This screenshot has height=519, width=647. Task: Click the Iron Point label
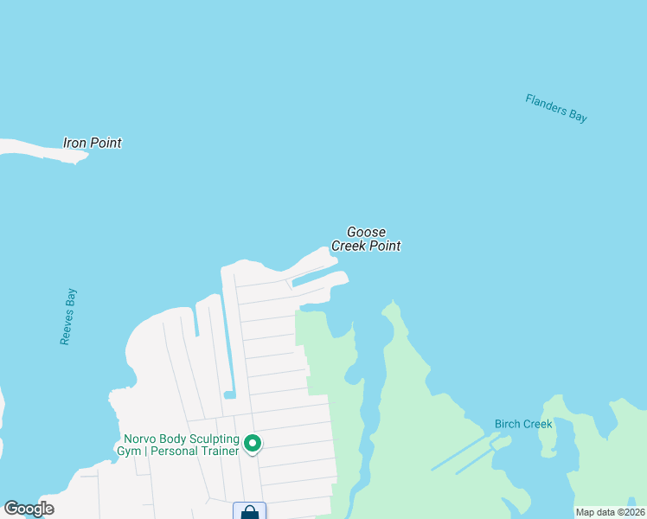(x=93, y=143)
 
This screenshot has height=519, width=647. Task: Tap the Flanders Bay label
(x=556, y=108)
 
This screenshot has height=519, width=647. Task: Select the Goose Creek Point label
(x=366, y=239)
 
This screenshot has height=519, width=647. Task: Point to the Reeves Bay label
(x=68, y=317)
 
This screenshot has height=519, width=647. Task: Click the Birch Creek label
(x=523, y=424)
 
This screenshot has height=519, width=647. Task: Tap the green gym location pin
(x=253, y=443)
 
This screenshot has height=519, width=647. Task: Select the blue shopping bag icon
(x=250, y=512)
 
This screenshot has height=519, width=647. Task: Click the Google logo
(x=29, y=509)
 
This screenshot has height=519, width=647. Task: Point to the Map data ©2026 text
(x=611, y=512)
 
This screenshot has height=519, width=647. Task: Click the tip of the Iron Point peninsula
(x=83, y=157)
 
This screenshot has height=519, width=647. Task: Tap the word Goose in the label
(x=366, y=232)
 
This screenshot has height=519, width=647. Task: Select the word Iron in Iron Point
(x=75, y=143)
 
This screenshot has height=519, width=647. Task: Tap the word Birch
(x=509, y=424)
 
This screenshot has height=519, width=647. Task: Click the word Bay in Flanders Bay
(x=578, y=116)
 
